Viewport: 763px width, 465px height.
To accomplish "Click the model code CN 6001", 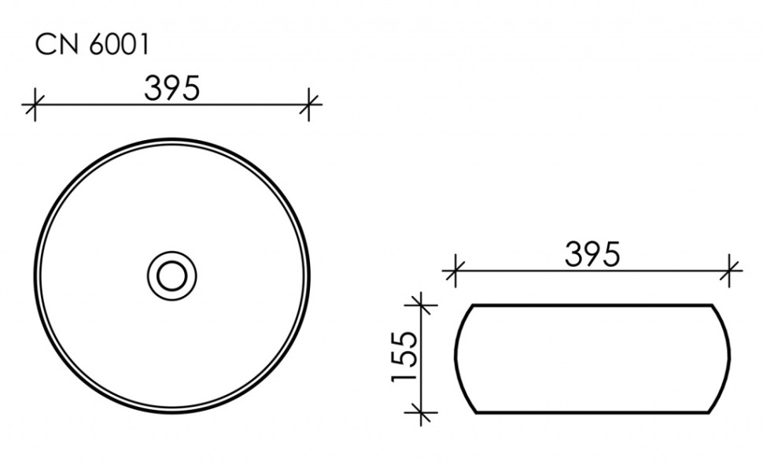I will (x=91, y=45).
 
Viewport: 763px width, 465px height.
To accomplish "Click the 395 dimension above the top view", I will (x=171, y=88).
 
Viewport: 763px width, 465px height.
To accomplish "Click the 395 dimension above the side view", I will (x=592, y=253).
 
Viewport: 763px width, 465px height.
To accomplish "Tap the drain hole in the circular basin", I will (x=171, y=275).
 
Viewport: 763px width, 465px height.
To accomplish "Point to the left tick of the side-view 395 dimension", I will (x=452, y=271).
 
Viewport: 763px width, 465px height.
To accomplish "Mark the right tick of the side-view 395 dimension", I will (x=731, y=271).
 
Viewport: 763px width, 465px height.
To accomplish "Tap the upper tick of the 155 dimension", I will (x=422, y=303).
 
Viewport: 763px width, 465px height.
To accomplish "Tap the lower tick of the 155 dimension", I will (x=422, y=411).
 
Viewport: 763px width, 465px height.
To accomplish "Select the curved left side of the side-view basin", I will (x=458, y=358).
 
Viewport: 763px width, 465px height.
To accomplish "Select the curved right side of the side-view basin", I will (x=724, y=358).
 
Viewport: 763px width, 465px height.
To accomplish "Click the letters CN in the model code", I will (x=52, y=45).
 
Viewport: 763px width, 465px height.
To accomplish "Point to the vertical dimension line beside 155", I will (x=422, y=358).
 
